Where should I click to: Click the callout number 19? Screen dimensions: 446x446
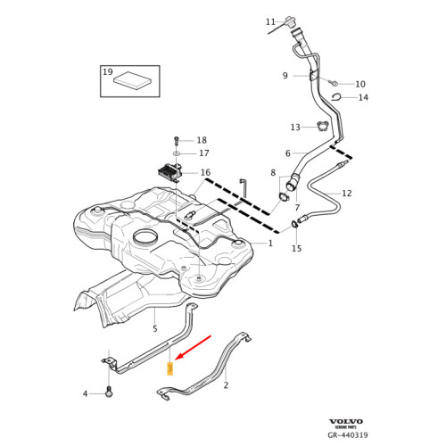click(108, 71)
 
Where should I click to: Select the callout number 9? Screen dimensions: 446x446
click(285, 75)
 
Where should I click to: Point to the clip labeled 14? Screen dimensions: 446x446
click(337, 97)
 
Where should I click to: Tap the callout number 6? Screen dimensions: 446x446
click(288, 153)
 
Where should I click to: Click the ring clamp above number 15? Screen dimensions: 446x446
click(295, 224)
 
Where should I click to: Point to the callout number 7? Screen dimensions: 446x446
click(296, 207)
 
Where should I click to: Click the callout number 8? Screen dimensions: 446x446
click(273, 172)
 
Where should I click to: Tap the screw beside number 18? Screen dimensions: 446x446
click(177, 141)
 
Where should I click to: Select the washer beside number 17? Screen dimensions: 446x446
click(177, 154)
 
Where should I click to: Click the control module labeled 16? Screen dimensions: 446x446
click(169, 170)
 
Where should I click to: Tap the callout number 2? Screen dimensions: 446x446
click(226, 385)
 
